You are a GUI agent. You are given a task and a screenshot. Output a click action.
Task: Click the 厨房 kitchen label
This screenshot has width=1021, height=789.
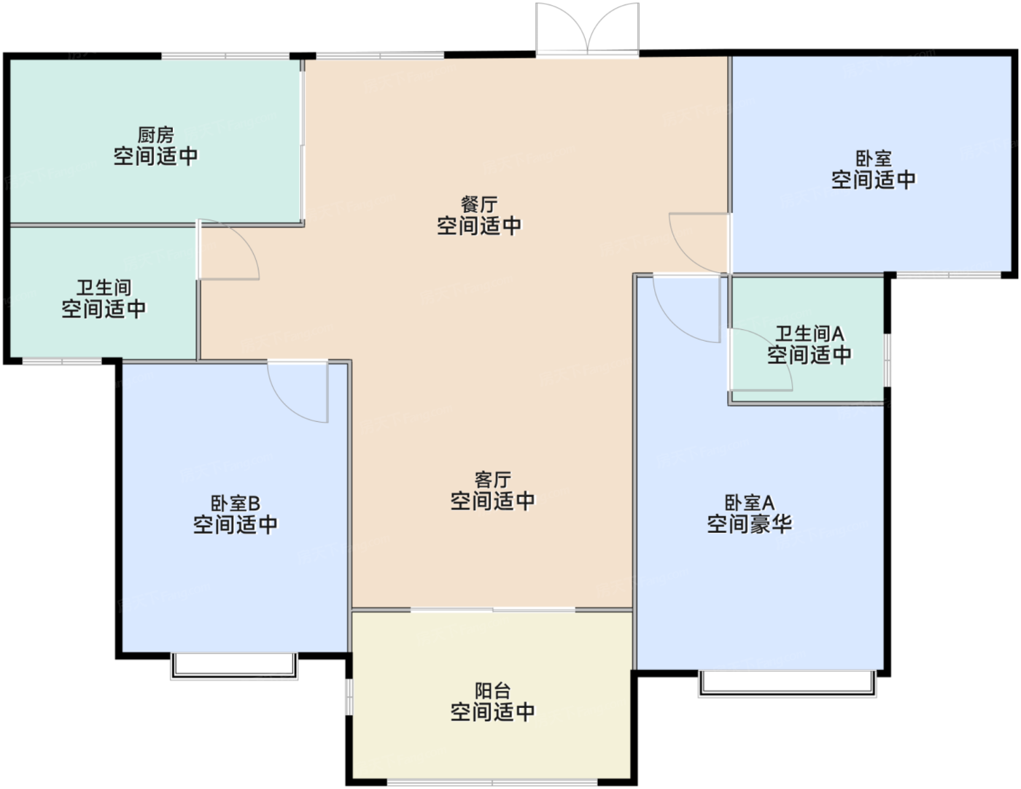pos(156,136)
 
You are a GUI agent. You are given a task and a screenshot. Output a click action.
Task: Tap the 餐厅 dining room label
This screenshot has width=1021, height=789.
pos(479,204)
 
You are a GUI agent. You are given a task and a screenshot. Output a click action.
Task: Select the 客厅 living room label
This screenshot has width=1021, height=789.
pos(492,480)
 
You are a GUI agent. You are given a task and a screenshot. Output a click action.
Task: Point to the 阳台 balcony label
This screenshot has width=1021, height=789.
pos(492,691)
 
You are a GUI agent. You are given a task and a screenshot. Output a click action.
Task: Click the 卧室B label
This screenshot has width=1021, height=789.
pos(235,504)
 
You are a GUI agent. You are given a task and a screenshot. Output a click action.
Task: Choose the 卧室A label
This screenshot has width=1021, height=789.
pos(750,503)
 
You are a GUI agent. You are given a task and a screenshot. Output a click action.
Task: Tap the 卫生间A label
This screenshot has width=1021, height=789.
pos(810,334)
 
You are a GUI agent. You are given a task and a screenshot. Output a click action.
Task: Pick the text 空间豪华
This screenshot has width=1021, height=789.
pos(750,524)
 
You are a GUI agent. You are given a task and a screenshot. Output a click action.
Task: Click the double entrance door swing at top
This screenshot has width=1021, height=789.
pos(587,29)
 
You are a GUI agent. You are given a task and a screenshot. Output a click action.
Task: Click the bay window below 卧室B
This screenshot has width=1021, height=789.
pos(234,666)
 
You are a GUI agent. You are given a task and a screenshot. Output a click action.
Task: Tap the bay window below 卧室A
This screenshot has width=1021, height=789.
pos(788,683)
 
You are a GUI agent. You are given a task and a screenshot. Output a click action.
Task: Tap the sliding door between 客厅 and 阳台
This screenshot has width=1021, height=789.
pos(493,610)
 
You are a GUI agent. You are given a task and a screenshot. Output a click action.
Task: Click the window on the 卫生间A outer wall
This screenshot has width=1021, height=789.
pos(887,360)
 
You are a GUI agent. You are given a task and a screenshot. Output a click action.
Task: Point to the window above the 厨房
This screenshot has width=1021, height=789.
pos(225,56)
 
